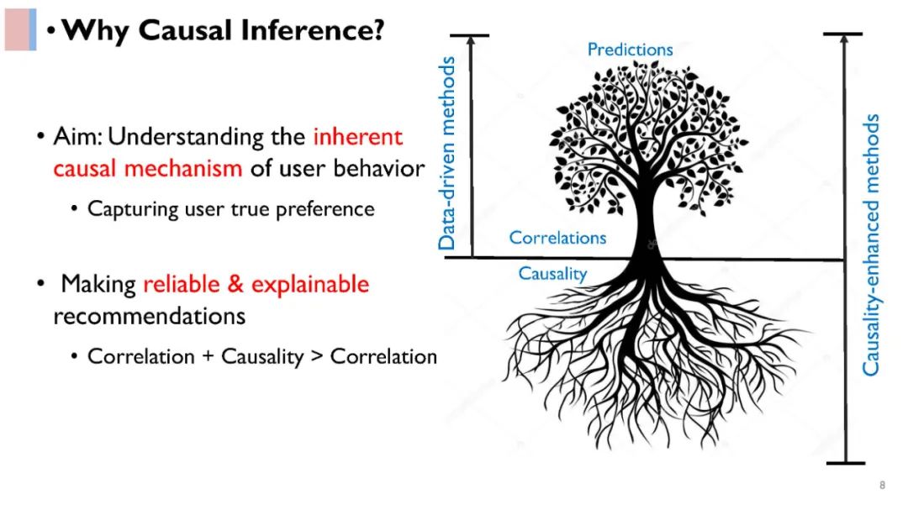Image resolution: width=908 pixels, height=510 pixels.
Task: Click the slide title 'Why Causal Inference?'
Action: click(x=223, y=30)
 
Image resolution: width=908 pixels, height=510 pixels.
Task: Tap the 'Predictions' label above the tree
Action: click(x=630, y=50)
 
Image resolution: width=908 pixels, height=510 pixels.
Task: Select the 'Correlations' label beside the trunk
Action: click(x=557, y=238)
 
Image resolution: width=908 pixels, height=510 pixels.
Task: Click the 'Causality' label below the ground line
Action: click(x=552, y=273)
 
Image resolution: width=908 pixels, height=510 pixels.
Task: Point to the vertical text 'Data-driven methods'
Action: click(x=447, y=153)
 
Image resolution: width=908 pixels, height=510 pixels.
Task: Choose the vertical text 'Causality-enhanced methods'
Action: click(x=872, y=244)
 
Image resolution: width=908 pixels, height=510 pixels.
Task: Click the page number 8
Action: click(x=882, y=485)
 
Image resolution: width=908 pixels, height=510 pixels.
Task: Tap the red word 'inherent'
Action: click(x=358, y=136)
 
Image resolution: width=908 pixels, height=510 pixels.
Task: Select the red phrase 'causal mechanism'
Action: click(x=148, y=168)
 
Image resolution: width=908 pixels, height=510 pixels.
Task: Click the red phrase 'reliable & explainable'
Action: click(x=256, y=284)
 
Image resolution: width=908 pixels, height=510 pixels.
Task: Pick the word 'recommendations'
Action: click(x=149, y=316)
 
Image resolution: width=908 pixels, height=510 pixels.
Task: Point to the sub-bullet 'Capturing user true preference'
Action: click(x=230, y=208)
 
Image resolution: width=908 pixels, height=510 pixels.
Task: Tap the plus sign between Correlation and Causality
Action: click(x=209, y=356)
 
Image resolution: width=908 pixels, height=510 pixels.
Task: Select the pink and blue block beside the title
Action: click(x=20, y=29)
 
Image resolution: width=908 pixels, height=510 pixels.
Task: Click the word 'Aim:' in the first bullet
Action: click(x=78, y=136)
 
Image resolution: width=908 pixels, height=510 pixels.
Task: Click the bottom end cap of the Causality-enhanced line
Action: click(x=844, y=462)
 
